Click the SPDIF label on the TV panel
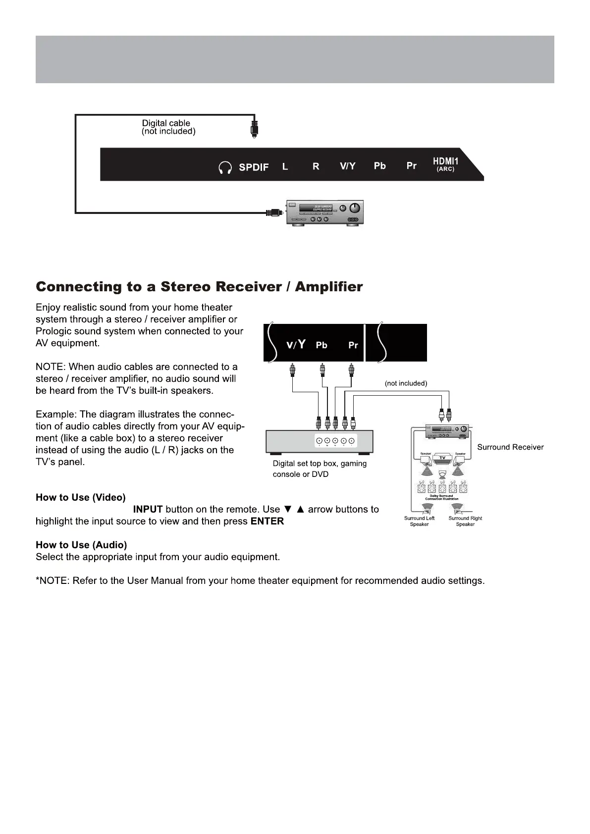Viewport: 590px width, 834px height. pos(254,167)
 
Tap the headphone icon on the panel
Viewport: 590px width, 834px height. pos(225,168)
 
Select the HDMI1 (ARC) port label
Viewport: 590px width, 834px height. pos(445,164)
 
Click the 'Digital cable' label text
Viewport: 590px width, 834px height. pos(166,123)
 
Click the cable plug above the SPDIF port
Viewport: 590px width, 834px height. pos(254,129)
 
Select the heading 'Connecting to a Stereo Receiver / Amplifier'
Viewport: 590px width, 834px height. pos(199,287)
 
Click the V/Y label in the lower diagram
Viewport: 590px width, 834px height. pos(296,345)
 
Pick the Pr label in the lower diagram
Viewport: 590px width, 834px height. pos(353,345)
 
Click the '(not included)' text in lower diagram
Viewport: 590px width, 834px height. pos(406,383)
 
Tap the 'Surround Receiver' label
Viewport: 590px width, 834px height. pos(510,447)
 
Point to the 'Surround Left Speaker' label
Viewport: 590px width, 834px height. pos(419,521)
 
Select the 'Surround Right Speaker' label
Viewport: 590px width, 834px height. pos(465,521)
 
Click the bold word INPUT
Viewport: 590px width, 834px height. pos(148,510)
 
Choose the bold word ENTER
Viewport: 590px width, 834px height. pos(267,521)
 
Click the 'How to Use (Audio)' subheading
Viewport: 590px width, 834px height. pos(81,545)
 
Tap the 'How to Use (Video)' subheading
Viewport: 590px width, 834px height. pos(80,498)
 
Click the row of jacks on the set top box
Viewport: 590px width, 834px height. pos(335,441)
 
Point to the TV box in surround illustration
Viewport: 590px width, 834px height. pos(443,458)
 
